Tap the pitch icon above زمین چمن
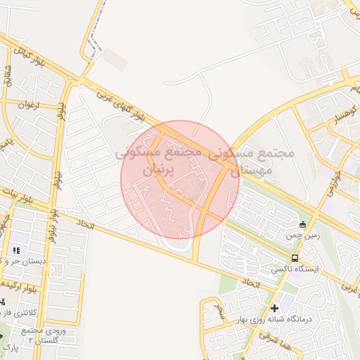pyautogui.click(x=303, y=225)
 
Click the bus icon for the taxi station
pyautogui.click(x=295, y=258)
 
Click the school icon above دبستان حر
pyautogui.click(x=16, y=250)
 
